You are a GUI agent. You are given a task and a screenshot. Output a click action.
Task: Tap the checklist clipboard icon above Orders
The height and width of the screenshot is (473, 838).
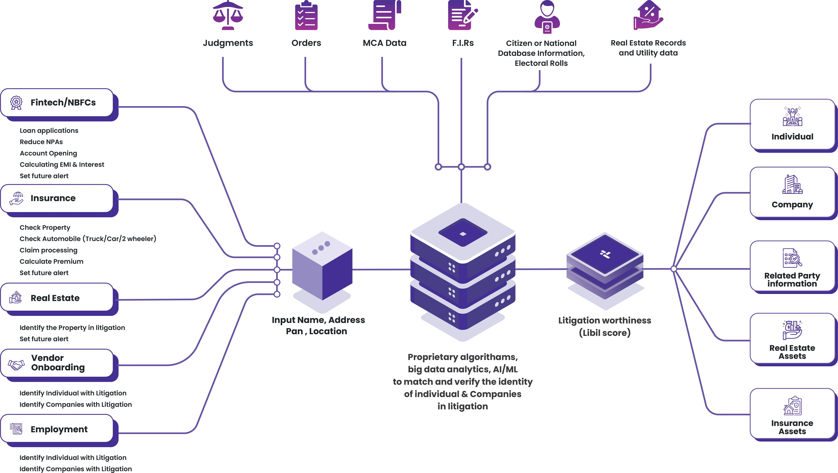(306, 15)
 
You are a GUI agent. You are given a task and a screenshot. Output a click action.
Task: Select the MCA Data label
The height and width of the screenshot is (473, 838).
(384, 43)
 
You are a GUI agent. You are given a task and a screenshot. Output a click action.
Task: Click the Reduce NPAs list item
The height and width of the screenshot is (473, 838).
(41, 142)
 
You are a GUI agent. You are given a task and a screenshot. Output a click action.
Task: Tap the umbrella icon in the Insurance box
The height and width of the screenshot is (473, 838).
(16, 198)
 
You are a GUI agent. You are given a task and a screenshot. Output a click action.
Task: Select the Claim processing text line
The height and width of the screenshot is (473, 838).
(48, 250)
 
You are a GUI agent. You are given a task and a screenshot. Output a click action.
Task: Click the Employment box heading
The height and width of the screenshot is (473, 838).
(59, 429)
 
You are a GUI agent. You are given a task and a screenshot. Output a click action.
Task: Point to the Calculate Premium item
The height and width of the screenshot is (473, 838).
(51, 262)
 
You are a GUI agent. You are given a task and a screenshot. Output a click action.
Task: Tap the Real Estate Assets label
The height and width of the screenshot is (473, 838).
(792, 352)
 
